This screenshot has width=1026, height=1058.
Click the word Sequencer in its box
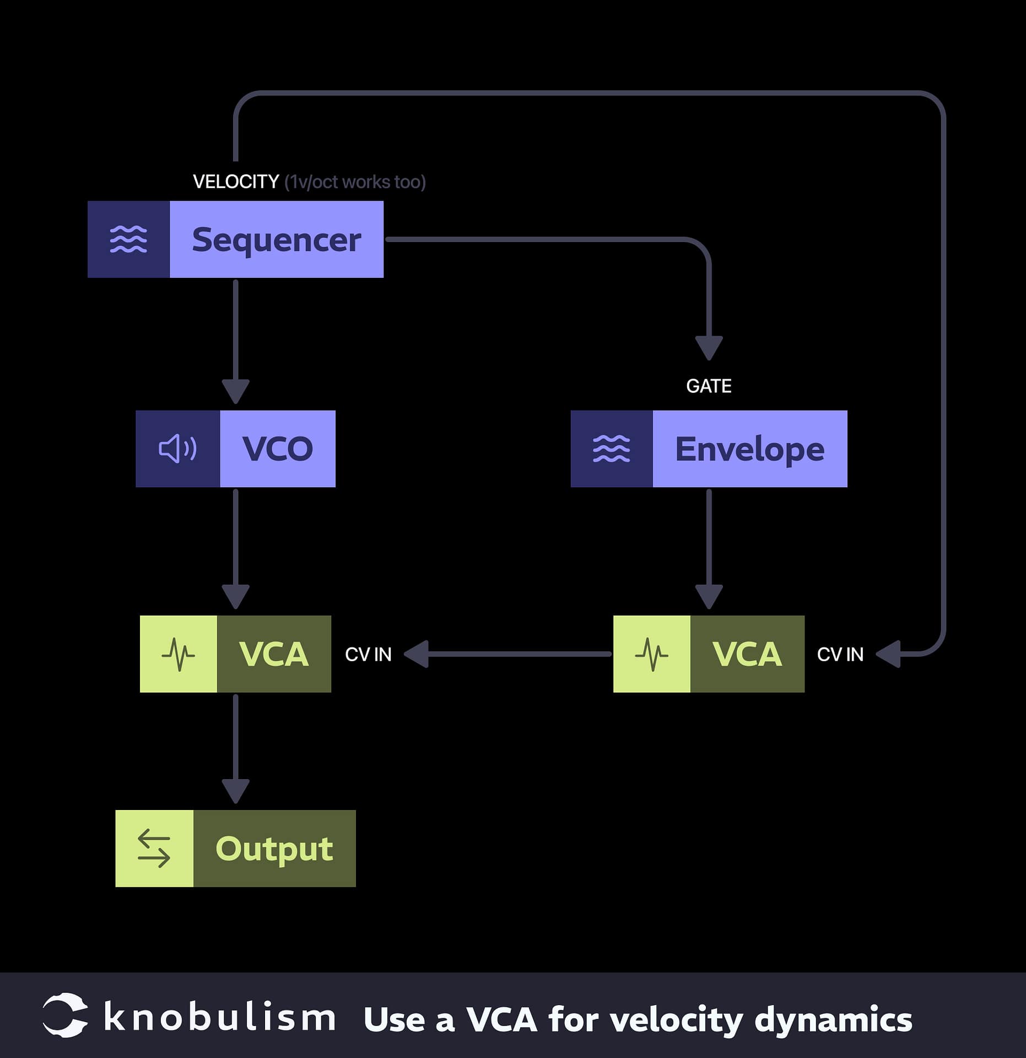click(276, 240)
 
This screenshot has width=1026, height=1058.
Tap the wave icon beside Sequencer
click(128, 239)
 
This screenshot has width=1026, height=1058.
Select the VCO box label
click(277, 449)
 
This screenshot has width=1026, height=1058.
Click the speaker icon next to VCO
click(177, 449)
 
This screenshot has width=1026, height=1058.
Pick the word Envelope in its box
click(749, 449)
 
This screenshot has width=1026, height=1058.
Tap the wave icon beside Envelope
click(611, 449)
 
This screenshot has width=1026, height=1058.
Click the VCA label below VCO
click(273, 654)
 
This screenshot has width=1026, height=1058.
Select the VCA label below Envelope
click(747, 654)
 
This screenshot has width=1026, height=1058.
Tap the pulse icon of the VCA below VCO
click(178, 654)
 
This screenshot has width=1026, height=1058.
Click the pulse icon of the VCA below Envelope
click(651, 654)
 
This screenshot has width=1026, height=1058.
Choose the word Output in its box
click(274, 849)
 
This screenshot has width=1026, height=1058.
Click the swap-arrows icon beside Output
click(154, 849)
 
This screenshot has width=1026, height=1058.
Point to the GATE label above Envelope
click(709, 386)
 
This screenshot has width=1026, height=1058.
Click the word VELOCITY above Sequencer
click(236, 182)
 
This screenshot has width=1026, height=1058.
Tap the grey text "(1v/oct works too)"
click(355, 182)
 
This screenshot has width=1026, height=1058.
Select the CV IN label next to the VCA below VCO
click(368, 655)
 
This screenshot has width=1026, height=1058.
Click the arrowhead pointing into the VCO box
click(236, 391)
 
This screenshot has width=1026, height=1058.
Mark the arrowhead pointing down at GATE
click(709, 347)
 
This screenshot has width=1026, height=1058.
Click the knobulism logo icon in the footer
click(65, 1016)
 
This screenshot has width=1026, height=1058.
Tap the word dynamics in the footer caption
click(833, 1020)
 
